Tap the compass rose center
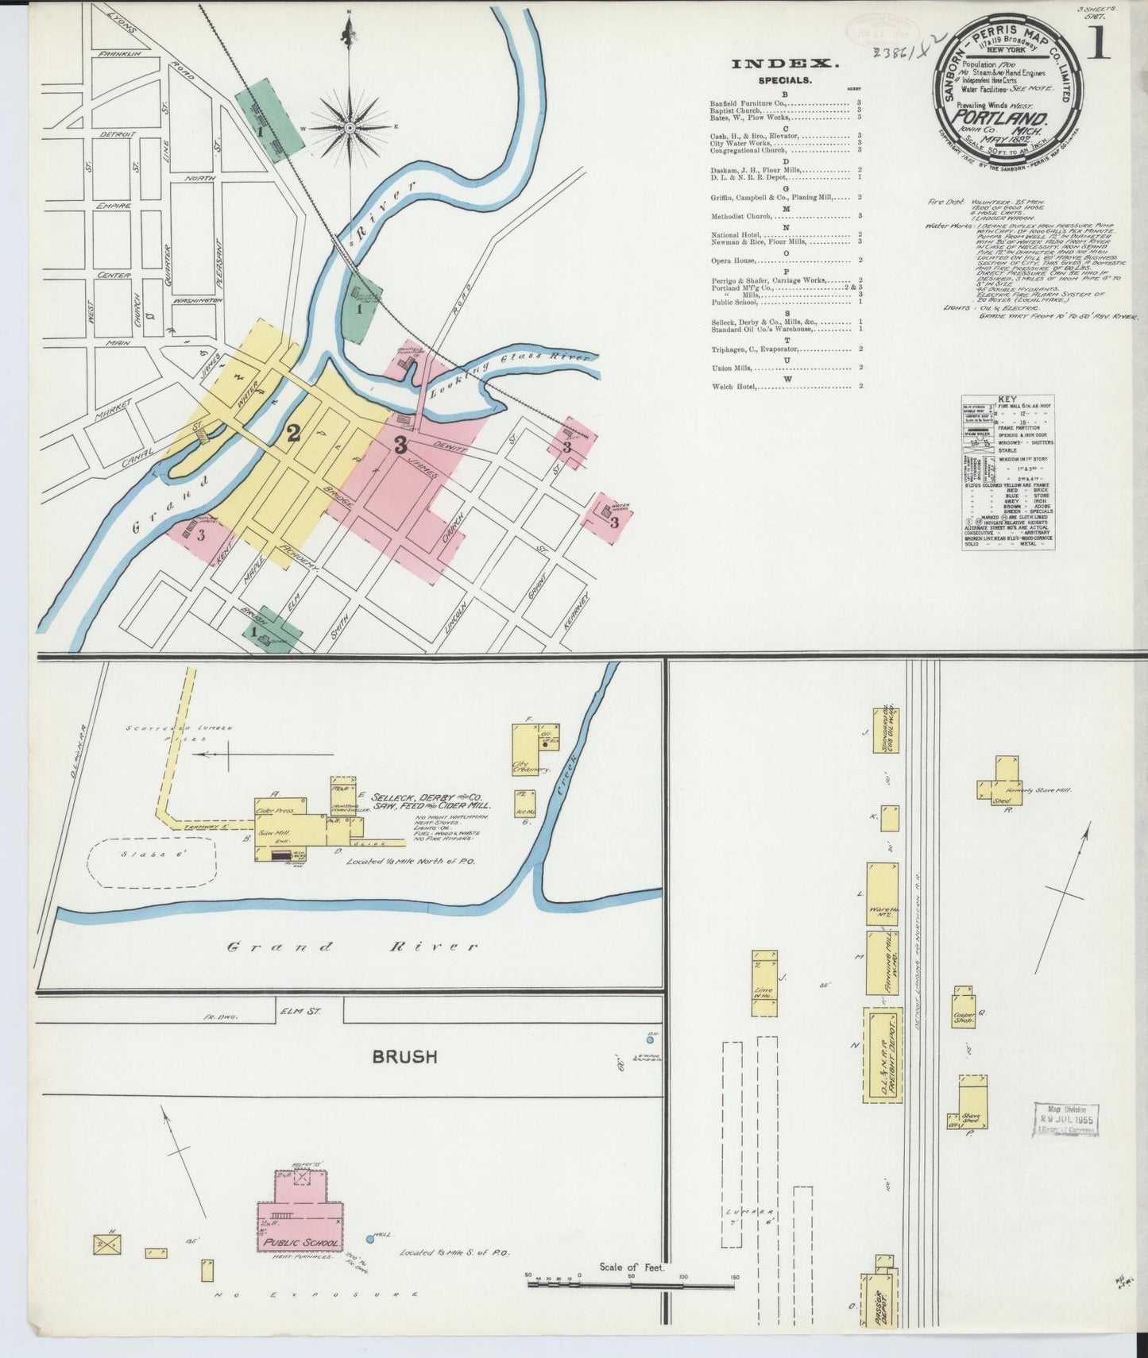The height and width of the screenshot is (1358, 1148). [x=349, y=127]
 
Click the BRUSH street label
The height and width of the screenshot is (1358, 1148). [x=405, y=1056]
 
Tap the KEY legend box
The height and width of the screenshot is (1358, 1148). [x=1008, y=472]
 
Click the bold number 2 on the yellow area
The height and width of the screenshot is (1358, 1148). [x=293, y=433]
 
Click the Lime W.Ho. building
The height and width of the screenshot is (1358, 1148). [x=765, y=983]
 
